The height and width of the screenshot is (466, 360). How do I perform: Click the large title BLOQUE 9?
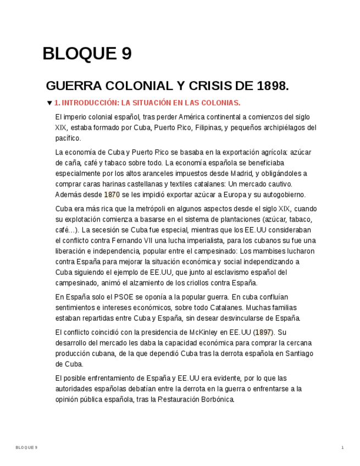tap(87, 54)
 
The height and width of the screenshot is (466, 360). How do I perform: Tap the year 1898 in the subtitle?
tap(272, 86)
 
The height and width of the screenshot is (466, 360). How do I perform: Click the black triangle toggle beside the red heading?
tap(49, 103)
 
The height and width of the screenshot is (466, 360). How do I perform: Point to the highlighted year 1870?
tap(112, 195)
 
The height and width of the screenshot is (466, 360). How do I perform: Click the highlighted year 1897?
tap(263, 332)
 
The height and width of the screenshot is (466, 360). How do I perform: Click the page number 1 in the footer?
tap(342, 448)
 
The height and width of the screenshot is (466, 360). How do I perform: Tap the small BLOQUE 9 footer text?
tap(26, 448)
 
